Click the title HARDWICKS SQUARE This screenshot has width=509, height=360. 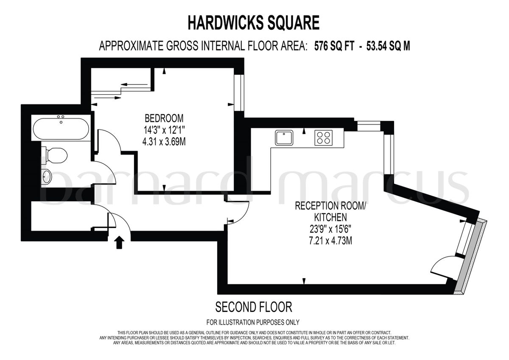pyautogui.click(x=253, y=23)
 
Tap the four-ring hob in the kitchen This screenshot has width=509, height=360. pyautogui.click(x=323, y=138)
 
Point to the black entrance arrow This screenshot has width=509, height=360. pyautogui.click(x=120, y=242)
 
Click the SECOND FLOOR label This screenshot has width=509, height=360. pyautogui.click(x=254, y=307)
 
